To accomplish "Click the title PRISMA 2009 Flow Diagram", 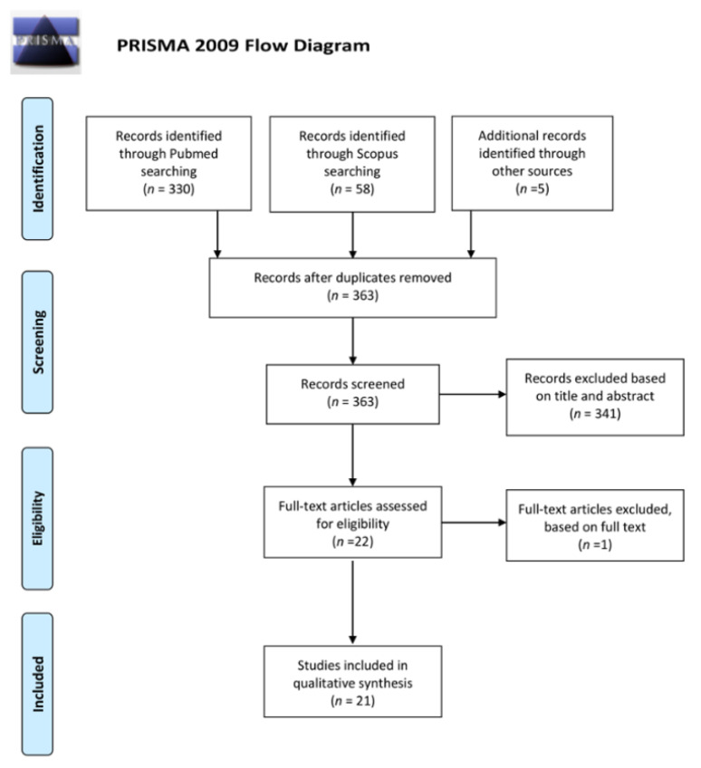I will point(244,46).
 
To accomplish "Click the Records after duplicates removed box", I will point(351,287).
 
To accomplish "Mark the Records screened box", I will point(351,393).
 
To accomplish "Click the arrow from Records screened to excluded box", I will point(471,395).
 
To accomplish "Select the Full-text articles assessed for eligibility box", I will point(351,521).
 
